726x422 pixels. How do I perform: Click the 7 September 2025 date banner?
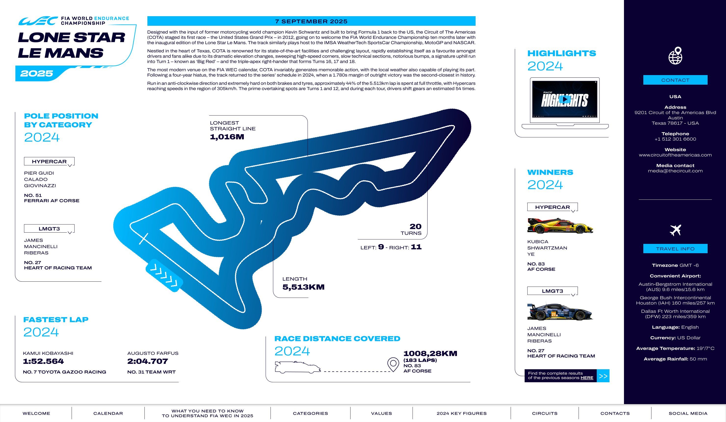(311, 21)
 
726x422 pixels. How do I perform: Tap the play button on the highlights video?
(565, 99)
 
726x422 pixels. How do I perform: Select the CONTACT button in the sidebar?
(675, 80)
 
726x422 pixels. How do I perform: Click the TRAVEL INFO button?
(675, 249)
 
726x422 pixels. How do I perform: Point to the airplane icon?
(675, 230)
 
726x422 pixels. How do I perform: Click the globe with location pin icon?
(675, 56)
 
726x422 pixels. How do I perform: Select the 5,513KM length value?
(303, 287)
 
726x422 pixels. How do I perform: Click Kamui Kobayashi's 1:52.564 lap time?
(43, 361)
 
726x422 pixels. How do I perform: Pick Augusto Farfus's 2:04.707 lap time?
(147, 361)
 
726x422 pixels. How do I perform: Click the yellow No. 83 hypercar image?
(560, 226)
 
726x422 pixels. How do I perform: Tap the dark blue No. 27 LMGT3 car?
(560, 312)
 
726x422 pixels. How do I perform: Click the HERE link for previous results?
(587, 378)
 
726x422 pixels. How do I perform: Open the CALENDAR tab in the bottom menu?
(108, 413)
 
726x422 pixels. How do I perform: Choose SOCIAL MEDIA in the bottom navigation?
(688, 413)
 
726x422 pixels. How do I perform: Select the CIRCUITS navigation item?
(545, 413)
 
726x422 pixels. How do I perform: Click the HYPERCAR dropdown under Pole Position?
(49, 161)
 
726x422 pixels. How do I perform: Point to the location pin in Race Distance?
(393, 364)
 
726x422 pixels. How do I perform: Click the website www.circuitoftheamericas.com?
(675, 155)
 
